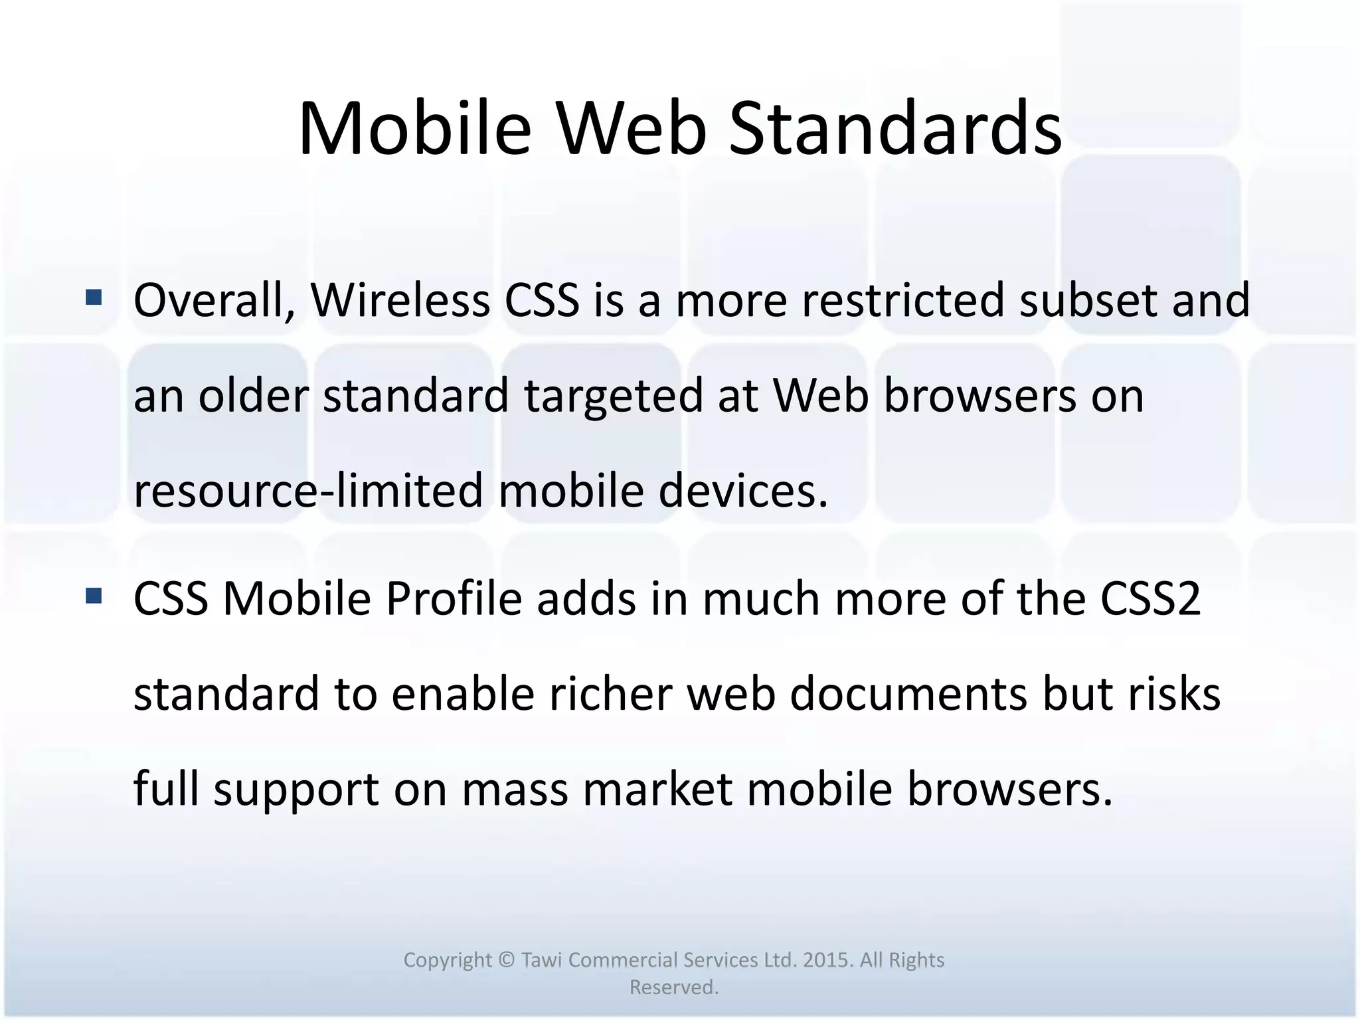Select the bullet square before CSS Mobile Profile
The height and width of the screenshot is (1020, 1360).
(x=94, y=596)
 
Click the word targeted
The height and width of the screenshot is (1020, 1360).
(x=613, y=396)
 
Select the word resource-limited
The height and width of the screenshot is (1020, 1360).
(x=308, y=491)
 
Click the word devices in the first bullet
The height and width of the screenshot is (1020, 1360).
(x=744, y=491)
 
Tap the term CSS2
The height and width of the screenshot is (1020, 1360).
(x=1150, y=599)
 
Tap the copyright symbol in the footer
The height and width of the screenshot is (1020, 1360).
(x=506, y=960)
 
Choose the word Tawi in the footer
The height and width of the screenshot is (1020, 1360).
(x=543, y=960)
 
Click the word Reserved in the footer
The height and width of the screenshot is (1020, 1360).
(x=673, y=987)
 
